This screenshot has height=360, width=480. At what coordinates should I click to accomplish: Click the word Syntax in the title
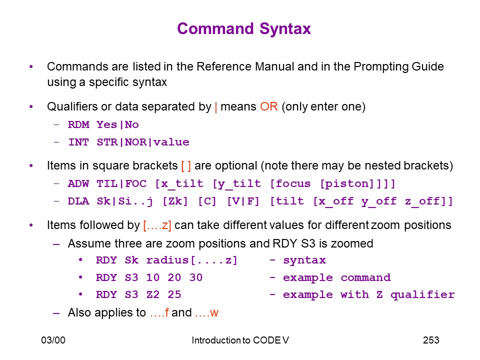[285, 29]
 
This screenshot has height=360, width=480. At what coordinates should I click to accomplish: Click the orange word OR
[269, 106]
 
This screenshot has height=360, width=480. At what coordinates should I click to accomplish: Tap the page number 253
[431, 340]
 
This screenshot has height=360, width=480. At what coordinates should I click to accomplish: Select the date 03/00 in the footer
[53, 340]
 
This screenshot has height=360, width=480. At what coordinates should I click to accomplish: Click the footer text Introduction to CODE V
[240, 340]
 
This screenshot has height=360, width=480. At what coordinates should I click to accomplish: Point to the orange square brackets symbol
[186, 166]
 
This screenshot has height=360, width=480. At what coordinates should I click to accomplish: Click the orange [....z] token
[157, 225]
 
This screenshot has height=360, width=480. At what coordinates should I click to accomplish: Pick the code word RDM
[78, 124]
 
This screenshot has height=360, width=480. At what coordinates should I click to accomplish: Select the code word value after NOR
[171, 142]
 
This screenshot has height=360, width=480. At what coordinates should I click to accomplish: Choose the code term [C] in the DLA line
[207, 201]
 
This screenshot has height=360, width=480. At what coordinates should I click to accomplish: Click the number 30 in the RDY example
[196, 277]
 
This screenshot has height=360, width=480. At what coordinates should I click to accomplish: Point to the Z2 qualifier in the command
[153, 294]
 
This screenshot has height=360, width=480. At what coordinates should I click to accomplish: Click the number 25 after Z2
[174, 294]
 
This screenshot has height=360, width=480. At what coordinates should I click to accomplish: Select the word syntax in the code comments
[304, 260]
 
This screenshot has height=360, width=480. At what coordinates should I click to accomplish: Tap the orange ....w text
[206, 313]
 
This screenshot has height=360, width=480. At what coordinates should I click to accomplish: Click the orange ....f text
[159, 312]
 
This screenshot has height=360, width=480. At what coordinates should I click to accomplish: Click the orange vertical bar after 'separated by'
[216, 107]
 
